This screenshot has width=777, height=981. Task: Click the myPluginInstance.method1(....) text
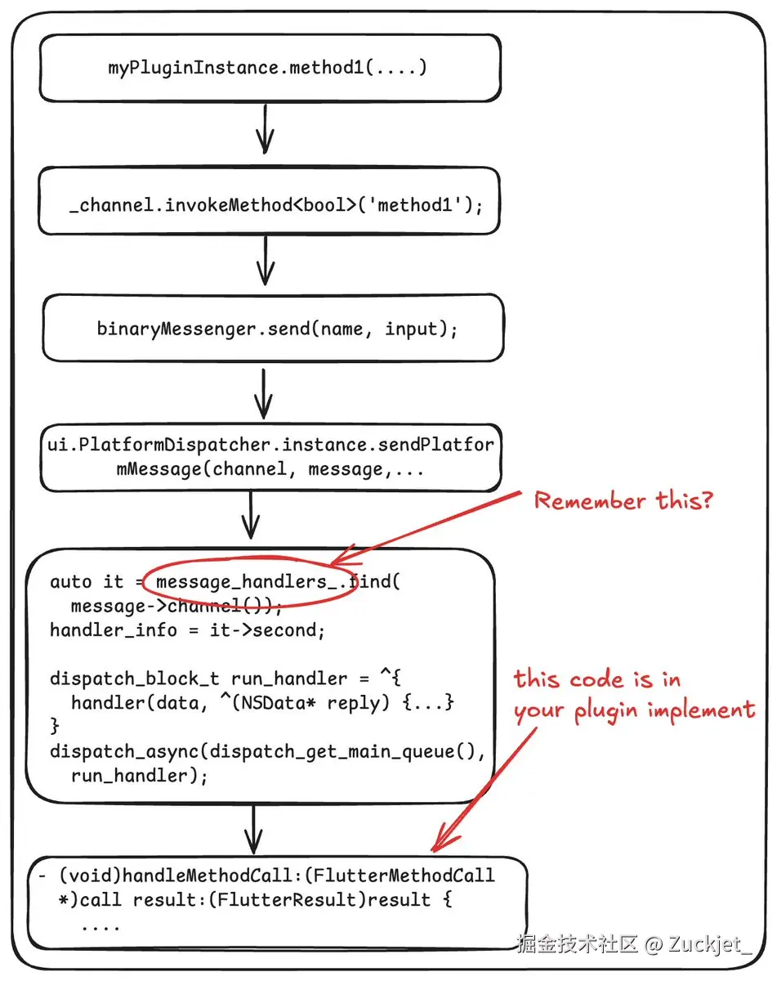(x=267, y=68)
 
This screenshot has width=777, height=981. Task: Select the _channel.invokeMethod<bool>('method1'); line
(x=276, y=205)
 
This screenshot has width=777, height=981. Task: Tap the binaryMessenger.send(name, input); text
(x=277, y=329)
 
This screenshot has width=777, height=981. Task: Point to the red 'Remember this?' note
(x=623, y=500)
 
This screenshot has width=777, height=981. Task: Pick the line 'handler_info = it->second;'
(x=187, y=630)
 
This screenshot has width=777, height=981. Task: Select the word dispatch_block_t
(x=135, y=679)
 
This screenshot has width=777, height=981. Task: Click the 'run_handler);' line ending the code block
(x=140, y=776)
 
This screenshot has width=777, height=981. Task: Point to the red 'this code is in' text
(x=597, y=679)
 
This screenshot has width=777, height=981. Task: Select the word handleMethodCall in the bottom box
(x=208, y=876)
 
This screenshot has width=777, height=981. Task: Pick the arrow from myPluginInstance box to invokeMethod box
(x=265, y=129)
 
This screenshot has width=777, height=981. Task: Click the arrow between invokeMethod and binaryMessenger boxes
(x=266, y=260)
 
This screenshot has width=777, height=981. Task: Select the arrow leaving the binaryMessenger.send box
(x=263, y=394)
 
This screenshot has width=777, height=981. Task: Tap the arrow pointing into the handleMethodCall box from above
(x=253, y=830)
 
